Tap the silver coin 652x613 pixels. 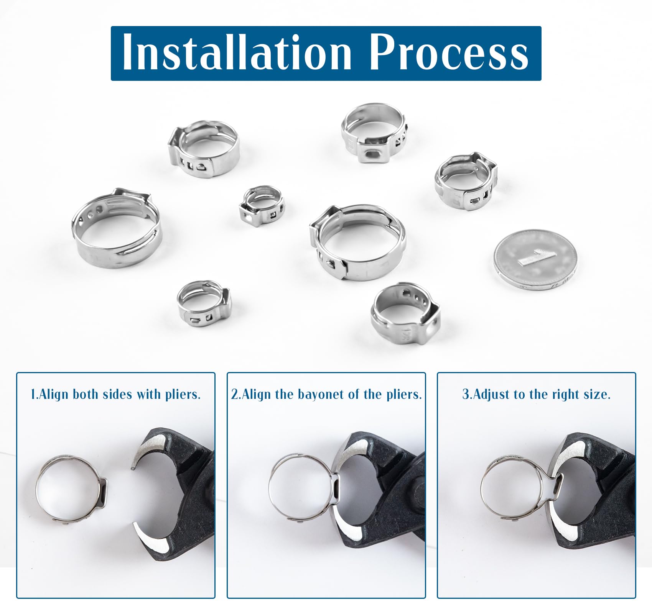[x=535, y=262]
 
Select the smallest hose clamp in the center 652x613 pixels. [x=262, y=206]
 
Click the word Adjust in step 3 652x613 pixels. [x=491, y=394]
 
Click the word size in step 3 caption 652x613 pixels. [x=596, y=394]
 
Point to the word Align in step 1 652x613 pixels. [x=54, y=394]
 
